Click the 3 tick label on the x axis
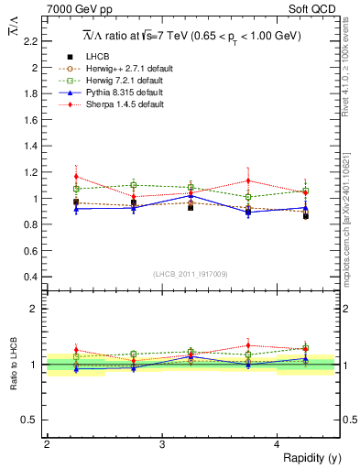(x=162, y=444)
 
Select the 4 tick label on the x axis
(x=278, y=444)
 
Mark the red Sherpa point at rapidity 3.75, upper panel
(x=248, y=180)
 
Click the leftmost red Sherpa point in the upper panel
(x=77, y=177)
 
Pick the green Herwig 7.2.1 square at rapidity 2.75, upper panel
(x=134, y=185)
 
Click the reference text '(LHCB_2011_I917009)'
(x=190, y=273)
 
